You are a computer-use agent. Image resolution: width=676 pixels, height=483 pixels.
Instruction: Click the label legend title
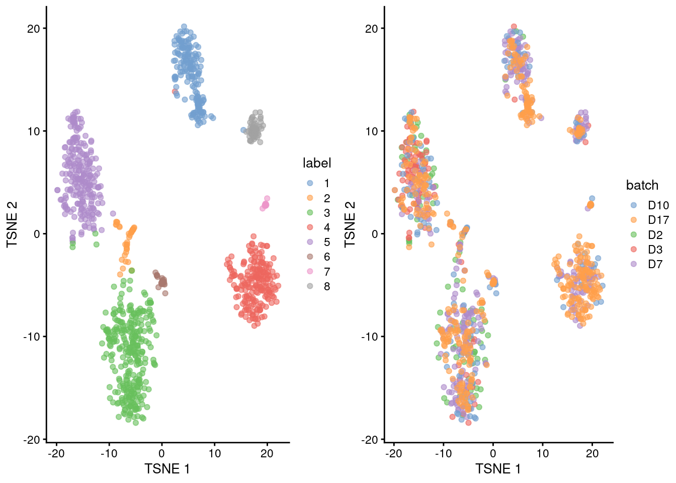coord(316,163)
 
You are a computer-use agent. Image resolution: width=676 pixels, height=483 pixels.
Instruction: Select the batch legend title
coord(642,185)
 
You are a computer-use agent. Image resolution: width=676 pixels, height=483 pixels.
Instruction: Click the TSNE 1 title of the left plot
coord(167,469)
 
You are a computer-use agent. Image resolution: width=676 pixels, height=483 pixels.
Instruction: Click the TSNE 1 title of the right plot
coord(498,469)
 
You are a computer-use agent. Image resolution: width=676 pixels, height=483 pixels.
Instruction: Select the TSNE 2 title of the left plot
coord(12,224)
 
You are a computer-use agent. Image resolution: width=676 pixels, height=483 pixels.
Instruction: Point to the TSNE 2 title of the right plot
coord(350,224)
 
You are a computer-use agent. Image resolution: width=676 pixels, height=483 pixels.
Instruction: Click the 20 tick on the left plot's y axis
coord(33,29)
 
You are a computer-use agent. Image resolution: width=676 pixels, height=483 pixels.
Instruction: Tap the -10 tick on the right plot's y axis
coord(369,337)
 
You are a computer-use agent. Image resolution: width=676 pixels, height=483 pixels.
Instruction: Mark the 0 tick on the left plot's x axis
coord(161,453)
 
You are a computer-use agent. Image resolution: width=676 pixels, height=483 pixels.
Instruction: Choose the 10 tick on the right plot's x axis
coord(542,453)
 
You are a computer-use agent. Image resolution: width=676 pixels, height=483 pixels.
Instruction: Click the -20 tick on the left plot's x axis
coord(56,453)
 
